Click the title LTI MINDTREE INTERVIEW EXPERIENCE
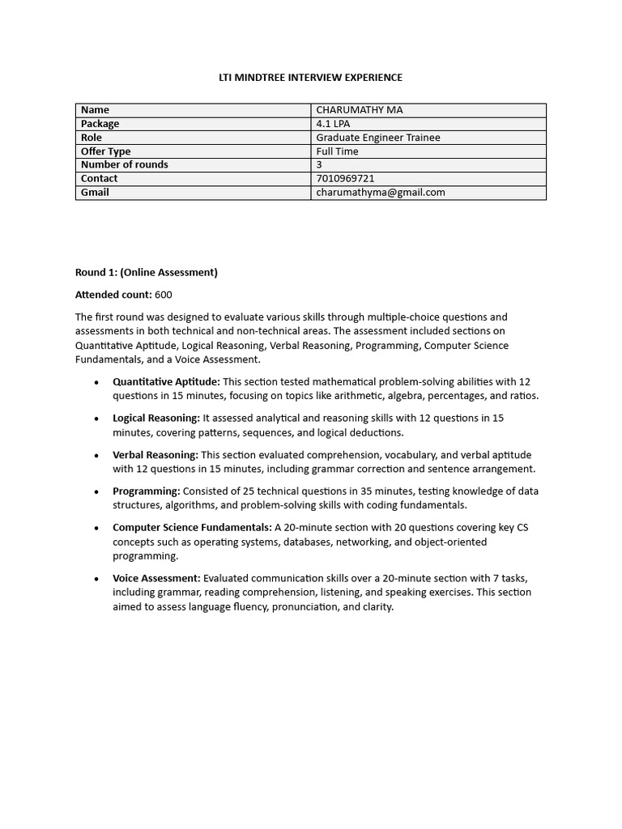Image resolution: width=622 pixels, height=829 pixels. click(310, 78)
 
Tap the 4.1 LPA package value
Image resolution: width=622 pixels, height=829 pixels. click(333, 124)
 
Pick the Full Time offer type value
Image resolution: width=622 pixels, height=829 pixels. click(337, 151)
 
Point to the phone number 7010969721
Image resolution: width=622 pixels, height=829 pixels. click(345, 178)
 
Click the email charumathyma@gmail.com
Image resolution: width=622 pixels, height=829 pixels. click(381, 192)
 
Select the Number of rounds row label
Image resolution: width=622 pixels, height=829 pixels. click(125, 164)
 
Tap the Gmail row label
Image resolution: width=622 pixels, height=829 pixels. click(95, 192)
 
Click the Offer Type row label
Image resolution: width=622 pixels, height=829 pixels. click(105, 151)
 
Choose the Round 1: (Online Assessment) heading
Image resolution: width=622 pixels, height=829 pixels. click(147, 272)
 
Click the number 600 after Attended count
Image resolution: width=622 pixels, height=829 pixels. click(163, 295)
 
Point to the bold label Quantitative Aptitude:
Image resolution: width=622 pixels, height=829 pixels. click(166, 381)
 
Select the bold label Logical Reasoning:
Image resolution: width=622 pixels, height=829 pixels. click(156, 418)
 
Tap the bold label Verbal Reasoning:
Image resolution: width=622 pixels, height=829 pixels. click(155, 455)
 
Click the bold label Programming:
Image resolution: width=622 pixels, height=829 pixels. click(147, 491)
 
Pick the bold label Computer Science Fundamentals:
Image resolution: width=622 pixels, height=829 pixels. click(192, 527)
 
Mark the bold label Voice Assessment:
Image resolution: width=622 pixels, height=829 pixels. click(156, 578)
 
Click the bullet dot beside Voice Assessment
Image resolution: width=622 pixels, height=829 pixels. click(96, 579)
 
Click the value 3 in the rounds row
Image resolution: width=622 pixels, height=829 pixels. click(319, 164)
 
